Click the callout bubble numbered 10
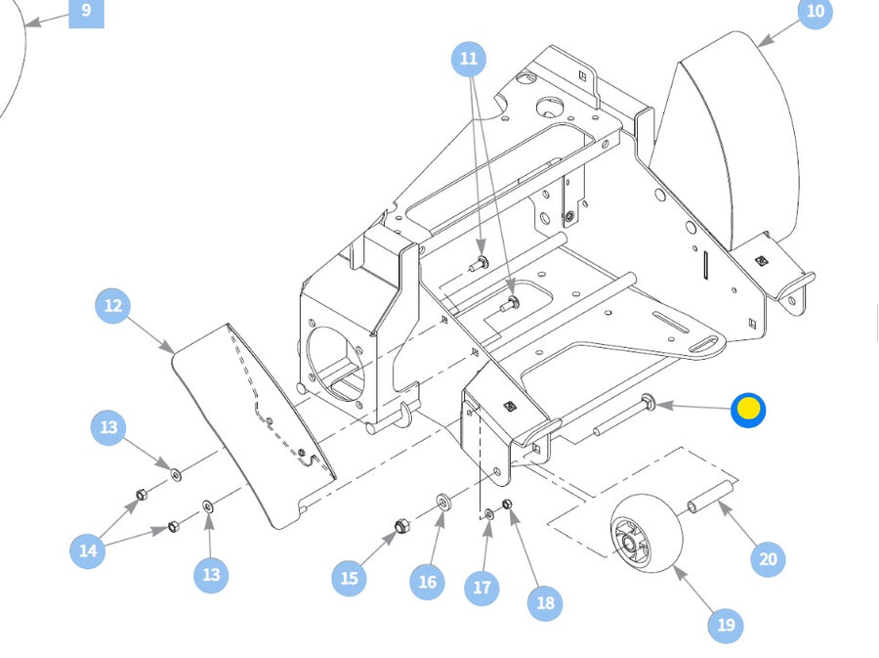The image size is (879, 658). click(x=815, y=12)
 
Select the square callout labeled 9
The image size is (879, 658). click(x=86, y=11)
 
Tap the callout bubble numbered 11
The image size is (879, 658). click(x=469, y=60)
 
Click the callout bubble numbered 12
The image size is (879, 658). click(x=113, y=306)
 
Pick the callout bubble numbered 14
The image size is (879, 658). click(x=88, y=550)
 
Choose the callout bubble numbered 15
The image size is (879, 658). click(x=349, y=579)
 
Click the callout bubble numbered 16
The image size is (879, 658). click(x=427, y=583)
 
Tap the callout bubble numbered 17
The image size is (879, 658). click(x=481, y=588)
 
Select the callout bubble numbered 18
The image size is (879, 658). click(x=545, y=603)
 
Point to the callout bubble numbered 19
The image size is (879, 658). click(x=725, y=625)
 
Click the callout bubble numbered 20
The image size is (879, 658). click(x=769, y=559)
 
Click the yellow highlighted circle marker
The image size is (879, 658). click(x=748, y=410)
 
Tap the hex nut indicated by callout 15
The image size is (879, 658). click(x=400, y=528)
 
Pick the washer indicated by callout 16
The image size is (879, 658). click(x=442, y=503)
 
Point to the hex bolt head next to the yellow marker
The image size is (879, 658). click(x=649, y=400)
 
